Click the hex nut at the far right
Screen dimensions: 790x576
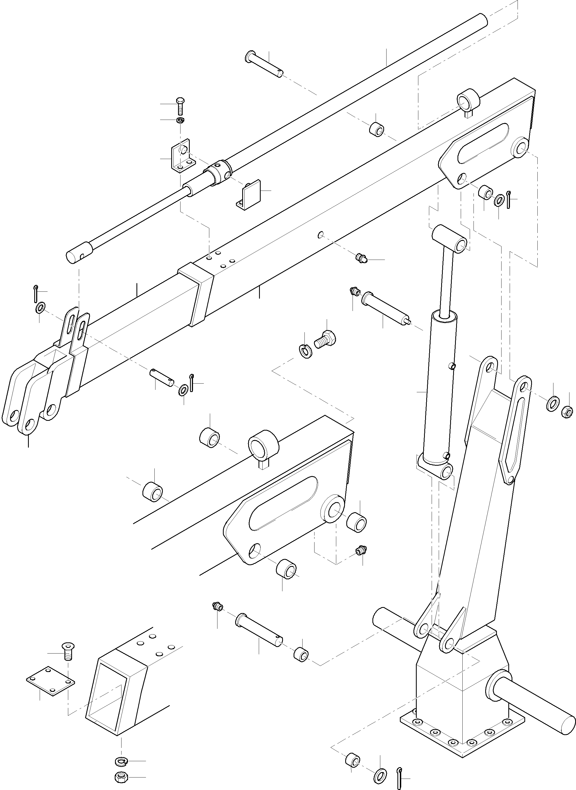point(567,412)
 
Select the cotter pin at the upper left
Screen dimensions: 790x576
point(36,293)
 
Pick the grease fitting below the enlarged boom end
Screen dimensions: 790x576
point(361,551)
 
